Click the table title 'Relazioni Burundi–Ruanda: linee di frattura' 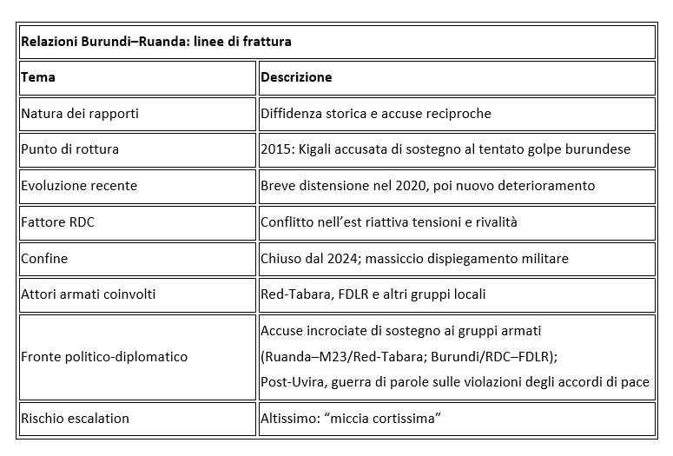click(155, 41)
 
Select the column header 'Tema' click(38, 77)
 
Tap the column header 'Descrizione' click(296, 77)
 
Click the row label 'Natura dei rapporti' click(79, 113)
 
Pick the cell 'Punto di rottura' click(69, 149)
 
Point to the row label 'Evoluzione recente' click(79, 185)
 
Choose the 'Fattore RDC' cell click(57, 221)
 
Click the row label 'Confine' click(44, 258)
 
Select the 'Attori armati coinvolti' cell click(88, 294)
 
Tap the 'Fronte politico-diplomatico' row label click(104, 356)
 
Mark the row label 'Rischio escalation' click(75, 418)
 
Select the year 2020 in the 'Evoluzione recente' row click(406, 185)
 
